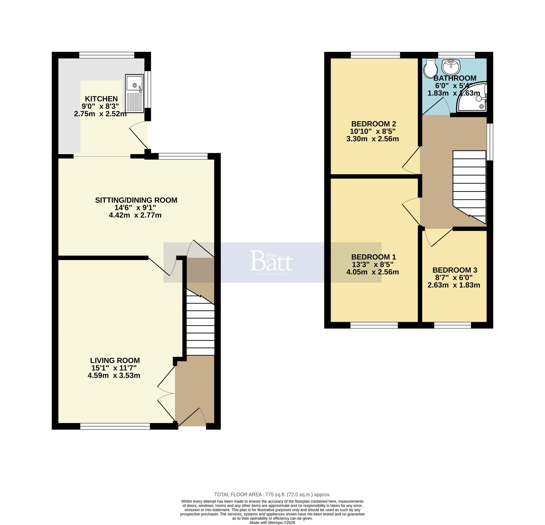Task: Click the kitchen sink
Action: [x=134, y=93]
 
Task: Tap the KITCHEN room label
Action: [x=101, y=99]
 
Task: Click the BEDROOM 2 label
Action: [x=373, y=124]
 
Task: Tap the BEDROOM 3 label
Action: [x=455, y=270]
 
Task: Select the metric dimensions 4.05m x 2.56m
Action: [x=372, y=272]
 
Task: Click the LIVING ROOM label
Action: [x=115, y=361]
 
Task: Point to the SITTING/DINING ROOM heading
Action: [x=136, y=200]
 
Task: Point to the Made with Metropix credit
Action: [x=272, y=523]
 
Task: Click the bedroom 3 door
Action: [x=439, y=237]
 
